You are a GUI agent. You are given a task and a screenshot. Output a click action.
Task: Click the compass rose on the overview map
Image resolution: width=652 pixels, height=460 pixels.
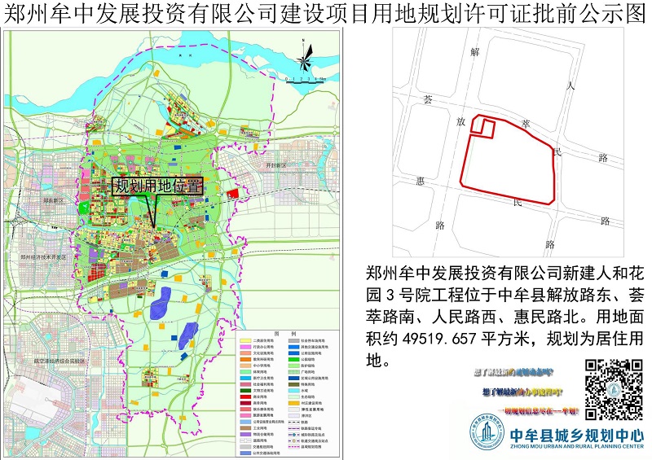pos(303,62)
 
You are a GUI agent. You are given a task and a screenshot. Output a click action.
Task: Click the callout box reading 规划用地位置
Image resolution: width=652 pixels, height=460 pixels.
pos(156,186)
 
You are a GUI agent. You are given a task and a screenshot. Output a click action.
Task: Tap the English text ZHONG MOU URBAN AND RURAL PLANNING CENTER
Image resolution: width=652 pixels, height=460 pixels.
pos(575,447)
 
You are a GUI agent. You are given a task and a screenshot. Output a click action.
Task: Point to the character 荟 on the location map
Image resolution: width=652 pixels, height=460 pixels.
pos(427,99)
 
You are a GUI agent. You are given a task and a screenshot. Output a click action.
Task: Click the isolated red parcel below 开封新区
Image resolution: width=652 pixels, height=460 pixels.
pos(233,194)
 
